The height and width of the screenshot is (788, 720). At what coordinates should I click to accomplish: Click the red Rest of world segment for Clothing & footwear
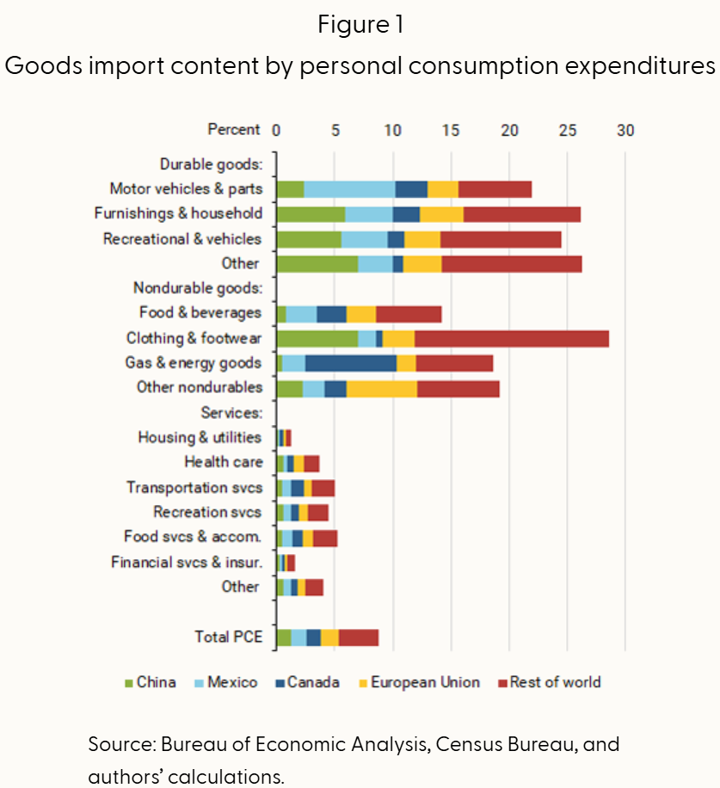pyautogui.click(x=512, y=338)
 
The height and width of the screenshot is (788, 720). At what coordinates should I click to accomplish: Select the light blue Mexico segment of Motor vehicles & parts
pyautogui.click(x=349, y=189)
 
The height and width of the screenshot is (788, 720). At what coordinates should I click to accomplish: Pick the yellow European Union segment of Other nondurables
pyautogui.click(x=381, y=388)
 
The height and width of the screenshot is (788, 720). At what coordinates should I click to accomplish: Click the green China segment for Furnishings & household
pyautogui.click(x=311, y=214)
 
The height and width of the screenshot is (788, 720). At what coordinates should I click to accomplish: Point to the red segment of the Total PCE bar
pyautogui.click(x=359, y=637)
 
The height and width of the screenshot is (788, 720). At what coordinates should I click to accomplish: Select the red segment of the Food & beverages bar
pyautogui.click(x=409, y=314)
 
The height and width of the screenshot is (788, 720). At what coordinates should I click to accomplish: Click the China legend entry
pyautogui.click(x=150, y=682)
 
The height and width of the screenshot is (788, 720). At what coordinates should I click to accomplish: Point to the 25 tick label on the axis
pyautogui.click(x=567, y=130)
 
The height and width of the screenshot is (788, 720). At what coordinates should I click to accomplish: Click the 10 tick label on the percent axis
pyautogui.click(x=392, y=130)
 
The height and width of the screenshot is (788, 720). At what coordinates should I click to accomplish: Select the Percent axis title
pyautogui.click(x=233, y=130)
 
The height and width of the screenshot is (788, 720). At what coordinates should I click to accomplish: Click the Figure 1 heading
pyautogui.click(x=360, y=25)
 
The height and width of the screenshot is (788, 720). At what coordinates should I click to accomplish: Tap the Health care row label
pyautogui.click(x=224, y=462)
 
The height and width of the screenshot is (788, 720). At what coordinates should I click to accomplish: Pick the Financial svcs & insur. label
pyautogui.click(x=186, y=563)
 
